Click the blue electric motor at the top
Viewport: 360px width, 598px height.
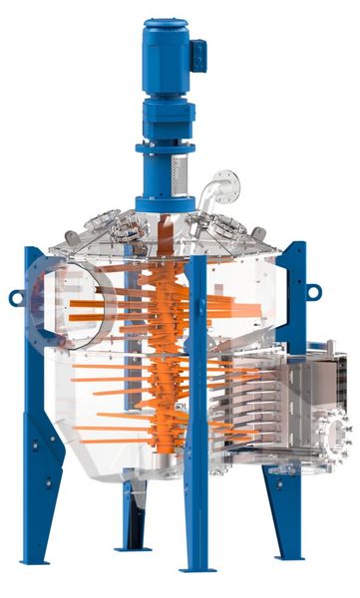165,50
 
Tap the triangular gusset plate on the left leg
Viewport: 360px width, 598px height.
42,448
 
